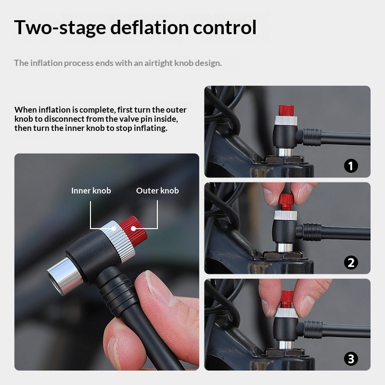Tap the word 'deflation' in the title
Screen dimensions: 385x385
pyautogui.click(x=149, y=27)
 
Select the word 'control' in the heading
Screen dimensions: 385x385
pyautogui.click(x=225, y=27)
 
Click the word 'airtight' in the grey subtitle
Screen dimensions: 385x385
pyautogui.click(x=158, y=63)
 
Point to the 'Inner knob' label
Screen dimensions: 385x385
pyautogui.click(x=91, y=191)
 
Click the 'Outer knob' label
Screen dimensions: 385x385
pyautogui.click(x=157, y=191)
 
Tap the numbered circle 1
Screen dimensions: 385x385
pyautogui.click(x=351, y=166)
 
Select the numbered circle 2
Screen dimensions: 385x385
pyautogui.click(x=351, y=262)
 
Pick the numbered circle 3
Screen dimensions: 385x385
pyautogui.click(x=351, y=359)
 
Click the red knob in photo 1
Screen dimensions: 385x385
pyautogui.click(x=286, y=110)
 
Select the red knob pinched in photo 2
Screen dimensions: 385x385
pyautogui.click(x=285, y=202)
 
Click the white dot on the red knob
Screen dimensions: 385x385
pyautogui.click(x=133, y=229)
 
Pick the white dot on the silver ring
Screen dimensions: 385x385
pyautogui.click(x=114, y=229)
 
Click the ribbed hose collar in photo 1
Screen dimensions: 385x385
pyautogui.click(x=312, y=136)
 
